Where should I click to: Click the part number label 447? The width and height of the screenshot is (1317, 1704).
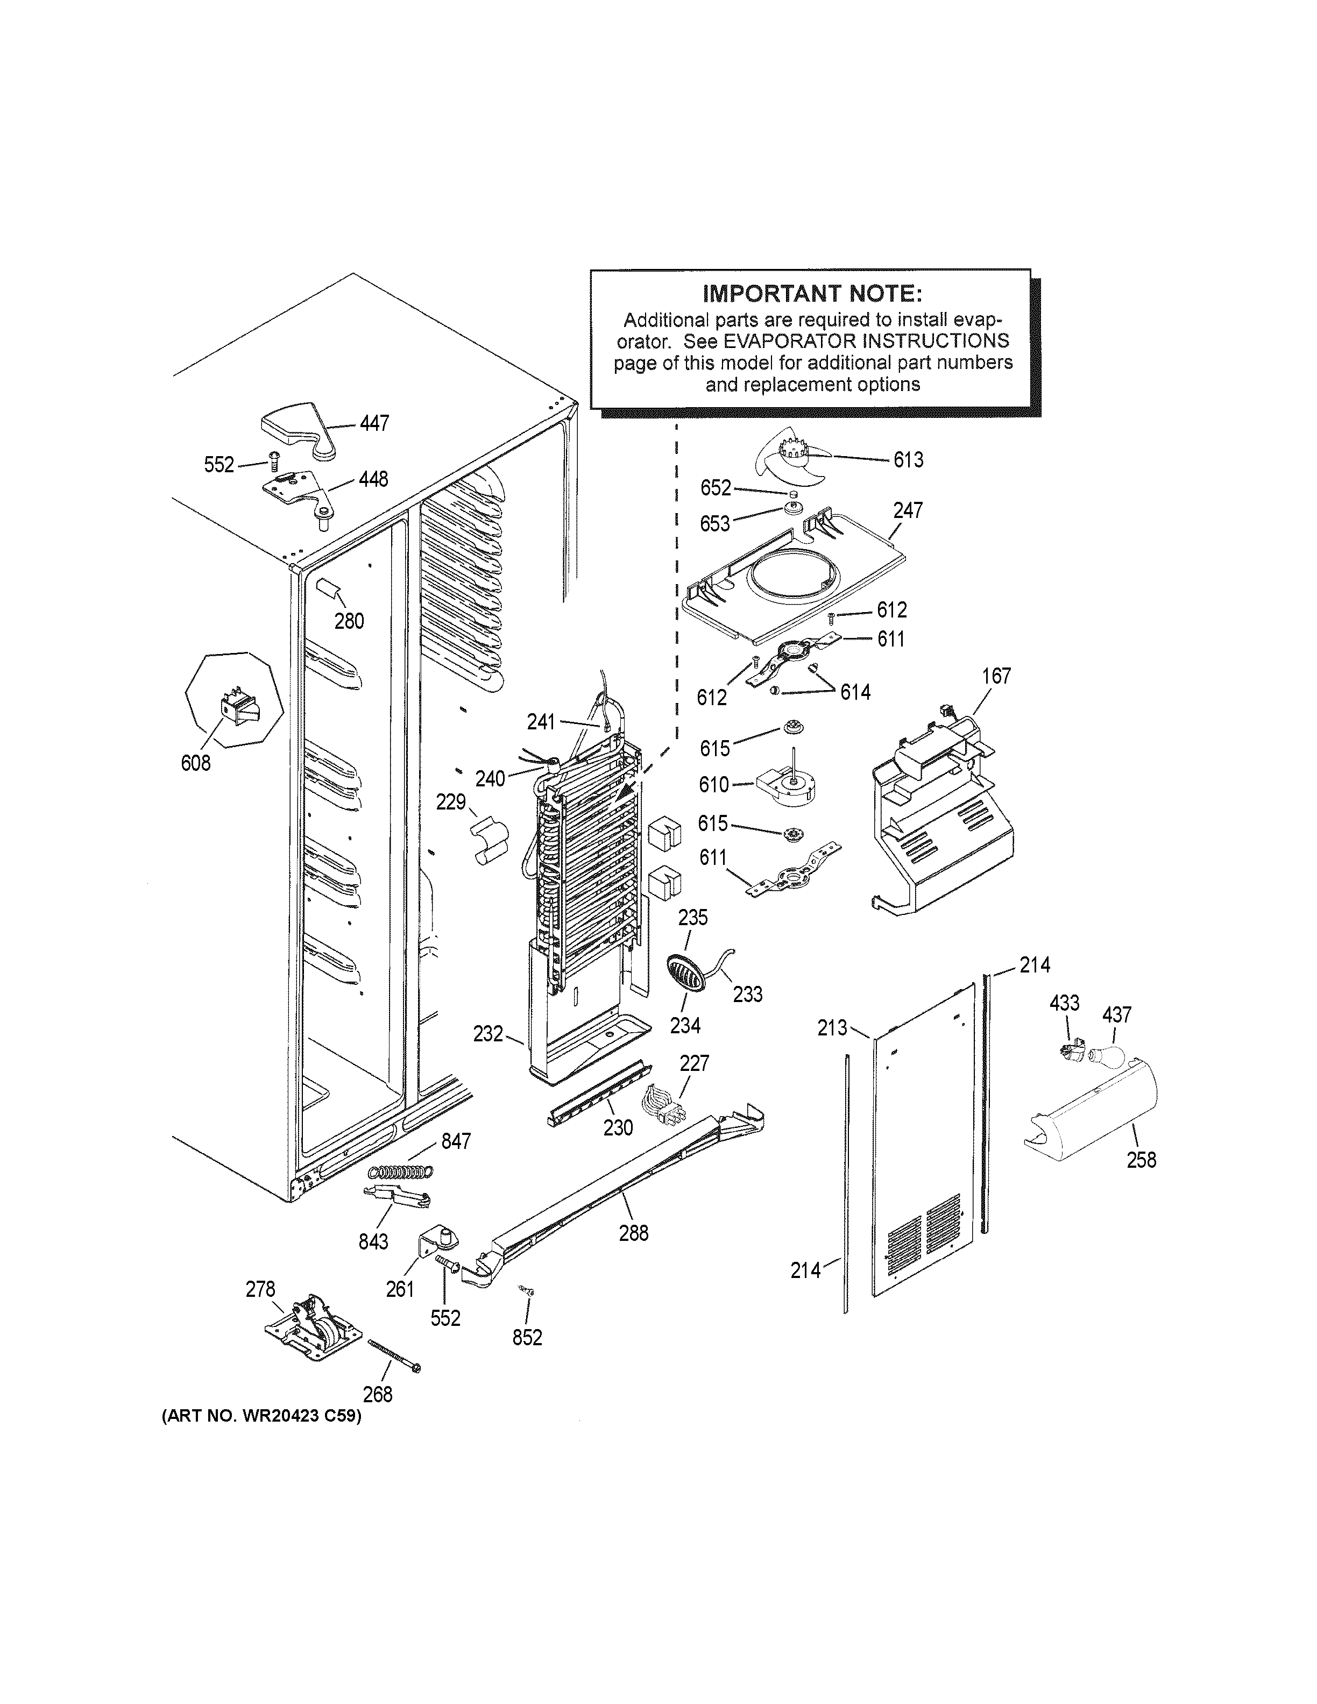374,424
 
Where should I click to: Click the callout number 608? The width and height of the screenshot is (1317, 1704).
196,763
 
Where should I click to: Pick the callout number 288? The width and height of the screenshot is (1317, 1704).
633,1233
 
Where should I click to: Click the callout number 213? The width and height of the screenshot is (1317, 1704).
832,1028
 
